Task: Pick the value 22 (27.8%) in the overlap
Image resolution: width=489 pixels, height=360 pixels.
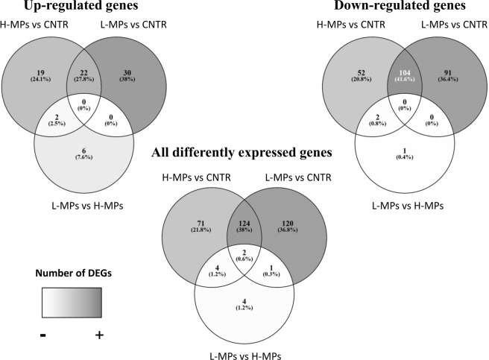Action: point(83,74)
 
